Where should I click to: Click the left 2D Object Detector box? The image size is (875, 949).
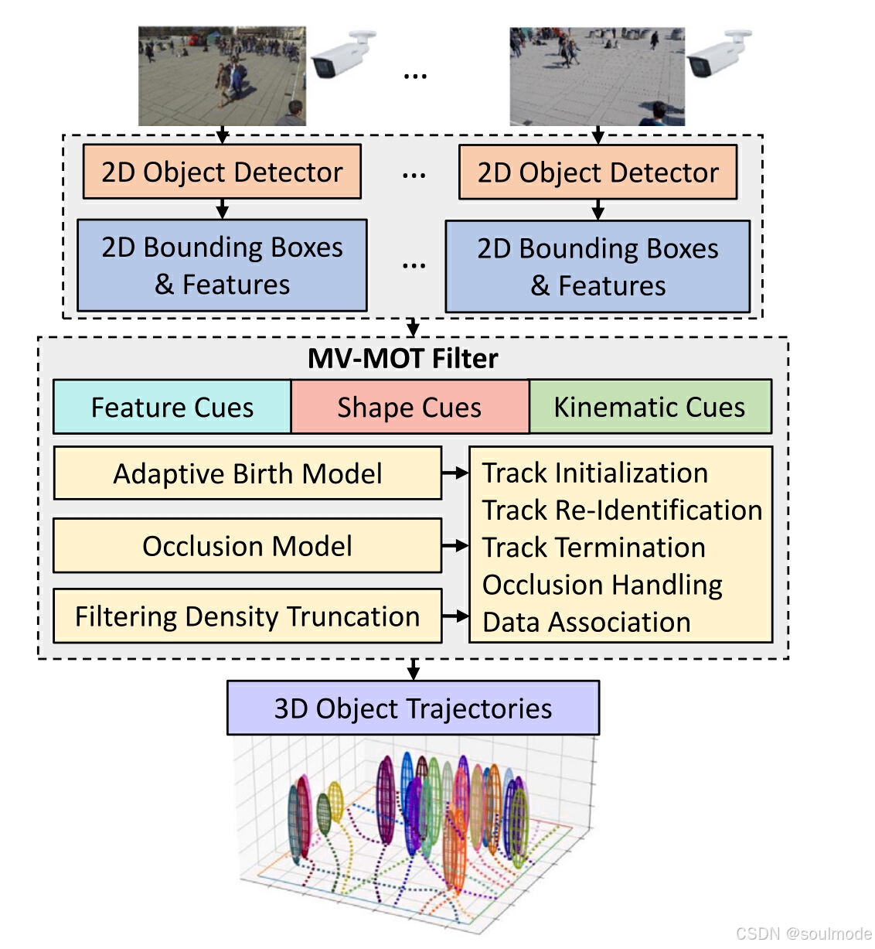tap(222, 172)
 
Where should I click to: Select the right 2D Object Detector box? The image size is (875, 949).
tap(598, 172)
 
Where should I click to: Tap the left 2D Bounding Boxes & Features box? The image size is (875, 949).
tap(222, 265)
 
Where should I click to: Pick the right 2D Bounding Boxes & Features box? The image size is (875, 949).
tap(598, 267)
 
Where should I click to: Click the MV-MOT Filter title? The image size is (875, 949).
tap(403, 359)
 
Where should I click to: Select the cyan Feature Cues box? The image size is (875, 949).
tap(172, 407)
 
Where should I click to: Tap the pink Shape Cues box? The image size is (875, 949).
tap(410, 407)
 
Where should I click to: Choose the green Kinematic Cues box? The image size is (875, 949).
tap(650, 407)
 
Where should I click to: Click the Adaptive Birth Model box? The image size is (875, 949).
tap(247, 473)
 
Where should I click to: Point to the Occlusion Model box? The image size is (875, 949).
tap(247, 546)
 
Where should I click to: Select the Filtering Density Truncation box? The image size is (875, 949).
tap(247, 616)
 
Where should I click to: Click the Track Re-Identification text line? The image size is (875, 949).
tap(622, 510)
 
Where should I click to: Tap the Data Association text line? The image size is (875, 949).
tap(587, 622)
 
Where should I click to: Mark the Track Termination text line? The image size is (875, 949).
tap(594, 548)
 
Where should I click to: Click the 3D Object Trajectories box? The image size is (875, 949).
tap(413, 708)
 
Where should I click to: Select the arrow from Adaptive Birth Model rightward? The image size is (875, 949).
tap(455, 473)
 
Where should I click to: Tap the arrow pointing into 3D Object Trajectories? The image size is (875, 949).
tap(414, 669)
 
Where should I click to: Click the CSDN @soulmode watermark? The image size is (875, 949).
tap(803, 934)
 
